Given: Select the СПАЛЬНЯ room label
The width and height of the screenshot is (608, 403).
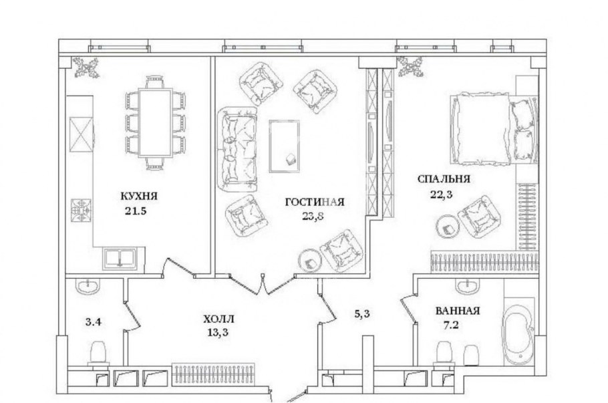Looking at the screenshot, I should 444,179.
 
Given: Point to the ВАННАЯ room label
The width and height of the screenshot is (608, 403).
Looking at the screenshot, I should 458,311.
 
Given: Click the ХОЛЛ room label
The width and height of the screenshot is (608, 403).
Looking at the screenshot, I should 219,319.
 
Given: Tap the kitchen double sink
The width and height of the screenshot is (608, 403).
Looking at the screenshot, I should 121,257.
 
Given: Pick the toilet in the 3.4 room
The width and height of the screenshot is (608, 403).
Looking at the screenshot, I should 98,352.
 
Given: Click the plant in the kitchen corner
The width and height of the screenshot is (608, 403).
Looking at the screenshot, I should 86,67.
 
